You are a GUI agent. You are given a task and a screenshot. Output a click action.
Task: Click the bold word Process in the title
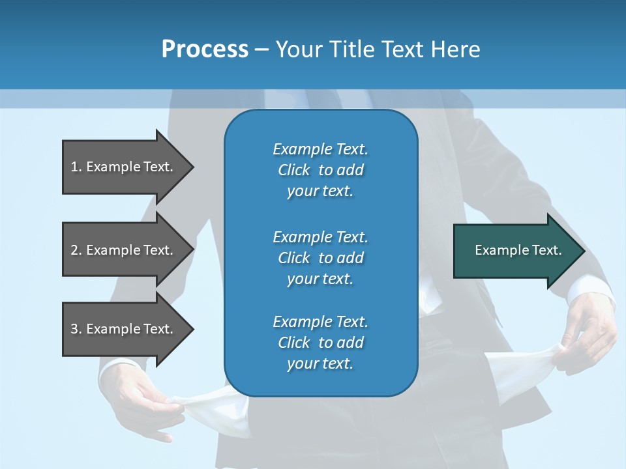click(205, 49)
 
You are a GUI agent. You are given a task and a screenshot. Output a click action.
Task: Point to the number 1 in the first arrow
click(74, 167)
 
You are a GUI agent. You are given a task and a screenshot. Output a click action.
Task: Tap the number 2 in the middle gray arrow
click(74, 250)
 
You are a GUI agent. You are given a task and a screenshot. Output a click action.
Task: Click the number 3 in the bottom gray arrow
click(74, 329)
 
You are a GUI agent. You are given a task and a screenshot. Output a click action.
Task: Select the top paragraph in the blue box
click(320, 170)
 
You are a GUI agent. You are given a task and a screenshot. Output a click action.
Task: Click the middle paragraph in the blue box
click(320, 258)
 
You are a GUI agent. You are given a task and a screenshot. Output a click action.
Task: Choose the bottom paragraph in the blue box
click(320, 343)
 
